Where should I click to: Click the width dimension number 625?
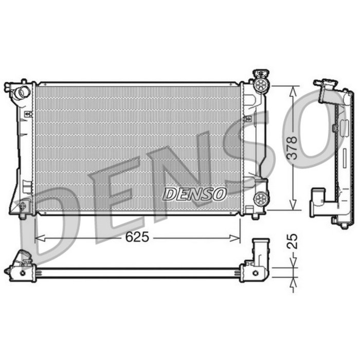137,237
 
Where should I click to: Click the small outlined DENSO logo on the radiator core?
194,194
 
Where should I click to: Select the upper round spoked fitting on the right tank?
261,85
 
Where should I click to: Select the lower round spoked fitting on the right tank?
260,197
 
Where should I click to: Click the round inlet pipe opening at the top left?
22,93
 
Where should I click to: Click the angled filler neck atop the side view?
326,89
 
